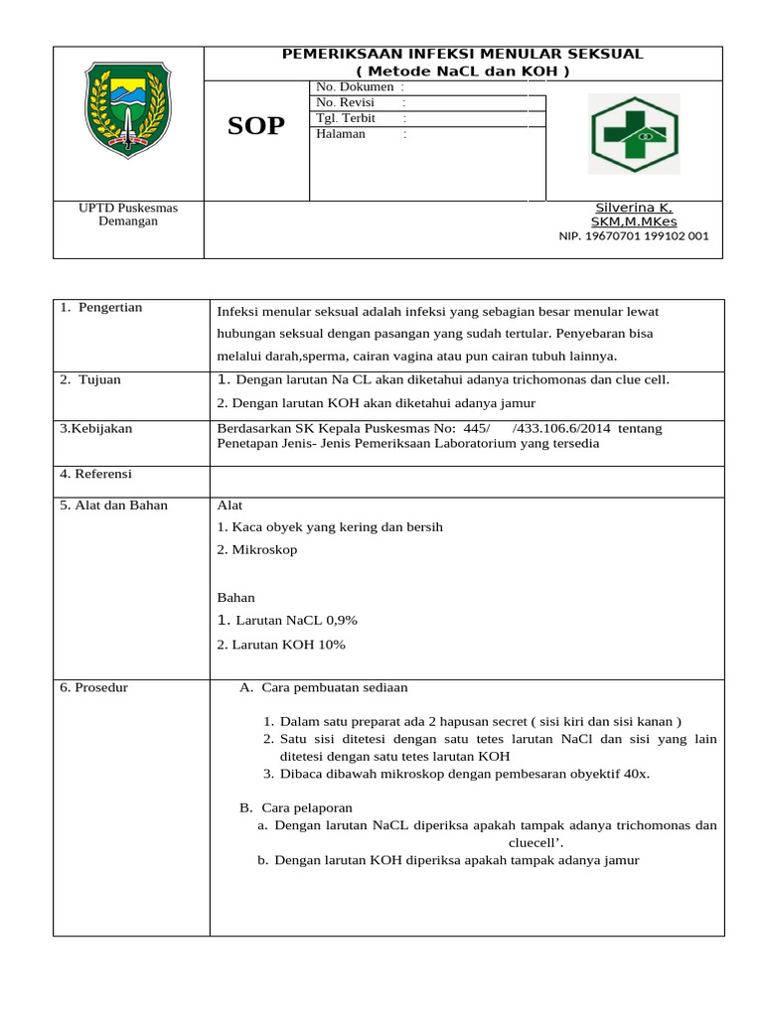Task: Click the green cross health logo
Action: (634, 133)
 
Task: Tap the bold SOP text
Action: (256, 126)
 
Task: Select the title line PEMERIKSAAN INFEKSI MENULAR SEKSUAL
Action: (463, 54)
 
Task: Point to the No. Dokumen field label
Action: (354, 87)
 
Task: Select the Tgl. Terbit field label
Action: (345, 118)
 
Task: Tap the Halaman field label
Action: (340, 134)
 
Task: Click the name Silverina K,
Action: (633, 208)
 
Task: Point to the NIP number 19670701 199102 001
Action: (634, 236)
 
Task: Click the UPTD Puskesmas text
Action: (128, 208)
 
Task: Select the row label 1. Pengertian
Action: (100, 308)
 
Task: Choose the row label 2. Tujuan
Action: (90, 379)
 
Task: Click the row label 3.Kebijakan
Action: (96, 428)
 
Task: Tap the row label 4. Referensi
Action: (96, 474)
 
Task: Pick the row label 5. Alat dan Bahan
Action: (114, 506)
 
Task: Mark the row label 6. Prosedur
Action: (94, 687)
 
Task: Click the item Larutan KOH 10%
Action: (281, 645)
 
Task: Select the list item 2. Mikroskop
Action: (256, 549)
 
